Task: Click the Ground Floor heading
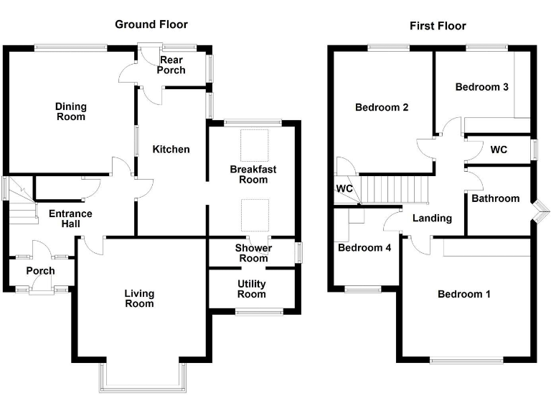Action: pos(151,24)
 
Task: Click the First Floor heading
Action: pos(438,26)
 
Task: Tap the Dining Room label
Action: pos(70,111)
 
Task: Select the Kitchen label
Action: pos(171,149)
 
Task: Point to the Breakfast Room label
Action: pos(253,174)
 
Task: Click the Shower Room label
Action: pos(253,253)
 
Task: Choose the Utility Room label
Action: pos(252,289)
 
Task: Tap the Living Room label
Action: pos(139,298)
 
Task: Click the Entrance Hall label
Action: pos(70,218)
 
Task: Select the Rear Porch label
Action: pos(172,65)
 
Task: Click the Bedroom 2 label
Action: pos(382,108)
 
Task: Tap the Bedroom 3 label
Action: pos(482,87)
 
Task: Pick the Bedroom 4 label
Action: pos(364,248)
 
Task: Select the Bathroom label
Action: pos(495,198)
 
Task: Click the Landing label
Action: pos(432,218)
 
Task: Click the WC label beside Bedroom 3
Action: pos(499,150)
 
